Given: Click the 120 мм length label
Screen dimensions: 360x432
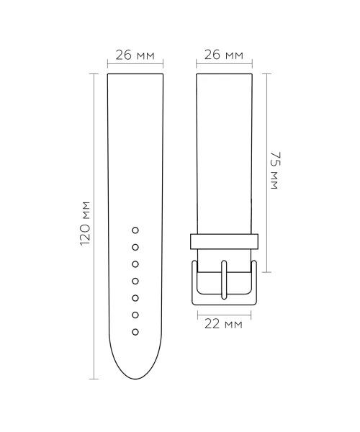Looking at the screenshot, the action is (85, 223).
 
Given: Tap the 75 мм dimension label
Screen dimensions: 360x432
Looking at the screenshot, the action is (274, 170).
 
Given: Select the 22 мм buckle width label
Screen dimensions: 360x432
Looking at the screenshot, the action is (223, 324).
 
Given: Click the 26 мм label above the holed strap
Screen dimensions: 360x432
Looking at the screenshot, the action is (135, 55).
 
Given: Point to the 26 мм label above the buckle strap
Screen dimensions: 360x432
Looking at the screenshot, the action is (224, 55).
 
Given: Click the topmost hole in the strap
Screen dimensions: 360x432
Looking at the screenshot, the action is (135, 230).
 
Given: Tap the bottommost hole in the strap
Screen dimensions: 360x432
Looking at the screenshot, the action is (135, 332).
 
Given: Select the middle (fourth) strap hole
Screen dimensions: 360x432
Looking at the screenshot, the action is (135, 281).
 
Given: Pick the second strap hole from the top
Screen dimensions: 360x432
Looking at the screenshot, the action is (135, 248).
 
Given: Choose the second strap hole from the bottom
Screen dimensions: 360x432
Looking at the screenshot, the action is (135, 315).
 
